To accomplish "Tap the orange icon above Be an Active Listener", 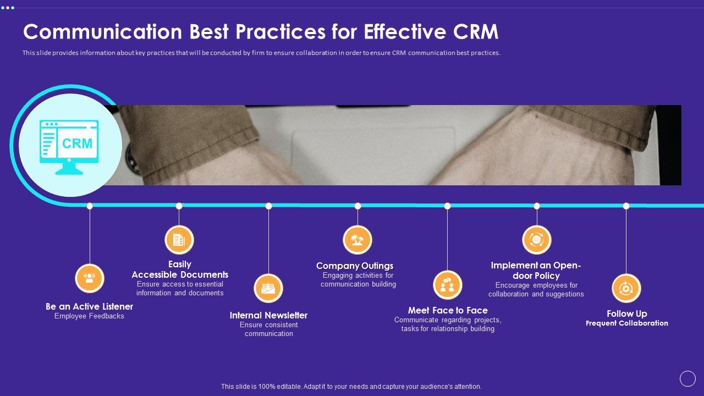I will point(90,278).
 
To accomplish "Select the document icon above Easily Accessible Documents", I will point(179,240).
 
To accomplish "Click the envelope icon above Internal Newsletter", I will point(268,288).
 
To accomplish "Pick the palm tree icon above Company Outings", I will point(358,240).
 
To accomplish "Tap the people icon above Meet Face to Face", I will point(447,285).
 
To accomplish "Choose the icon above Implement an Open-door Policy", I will point(536,240).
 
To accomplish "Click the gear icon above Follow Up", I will point(626,288).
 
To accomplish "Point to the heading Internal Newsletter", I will point(268,315).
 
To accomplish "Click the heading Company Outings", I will point(355,266).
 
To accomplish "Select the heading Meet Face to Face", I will point(448,310).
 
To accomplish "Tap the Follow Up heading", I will point(627,313).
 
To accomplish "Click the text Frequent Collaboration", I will point(627,323).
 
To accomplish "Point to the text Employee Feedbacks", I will point(89,316).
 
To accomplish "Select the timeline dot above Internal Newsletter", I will point(268,206).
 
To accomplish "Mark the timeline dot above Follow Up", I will point(626,206).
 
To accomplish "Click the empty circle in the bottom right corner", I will point(687,378).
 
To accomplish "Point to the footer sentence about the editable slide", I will point(351,387).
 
